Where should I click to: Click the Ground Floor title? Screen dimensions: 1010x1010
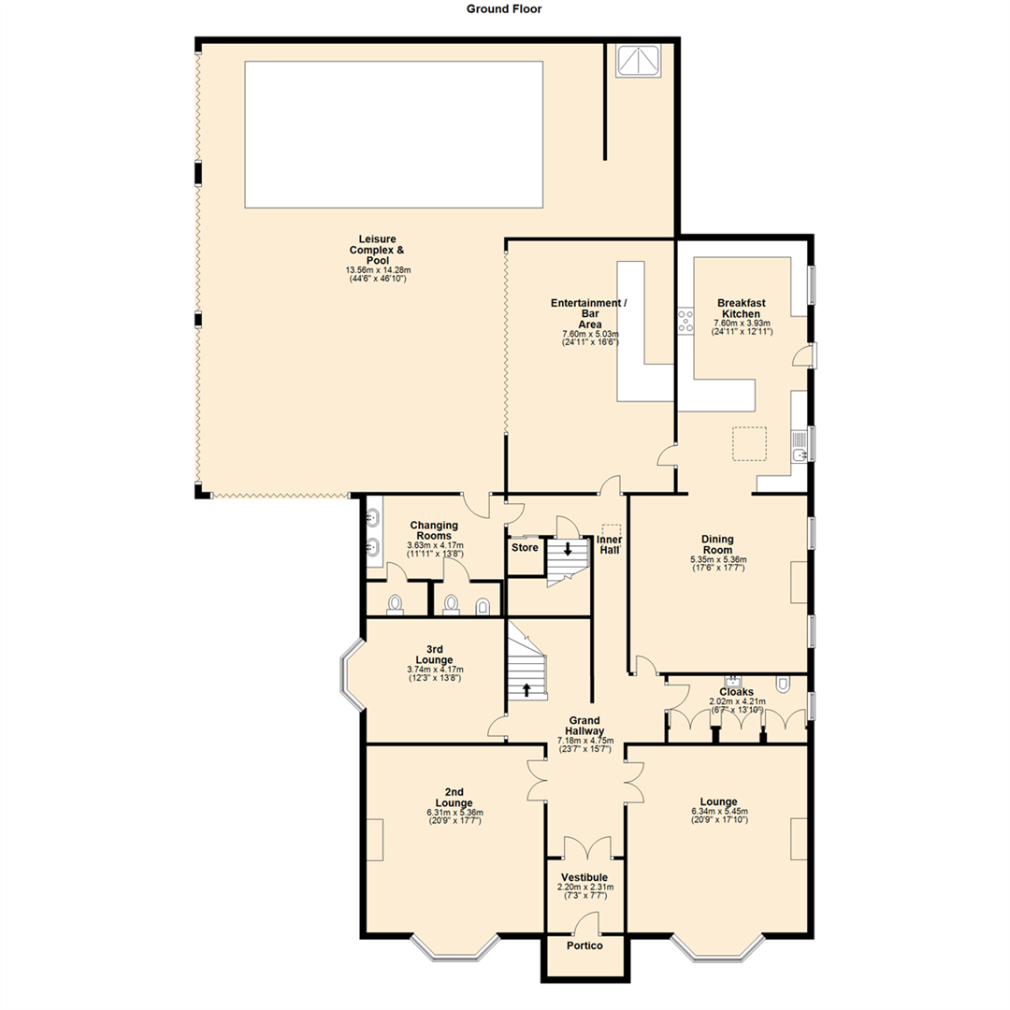tap(504, 8)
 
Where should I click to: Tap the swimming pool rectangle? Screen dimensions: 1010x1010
tap(394, 134)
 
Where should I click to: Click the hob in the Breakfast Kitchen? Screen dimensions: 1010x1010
tap(685, 321)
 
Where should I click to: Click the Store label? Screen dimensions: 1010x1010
tap(525, 547)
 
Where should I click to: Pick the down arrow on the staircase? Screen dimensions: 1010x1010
tap(568, 549)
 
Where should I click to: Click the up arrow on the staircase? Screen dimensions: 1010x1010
tap(527, 690)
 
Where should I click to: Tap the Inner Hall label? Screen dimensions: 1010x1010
tap(609, 545)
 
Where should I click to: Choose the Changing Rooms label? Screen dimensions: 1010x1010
tap(433, 530)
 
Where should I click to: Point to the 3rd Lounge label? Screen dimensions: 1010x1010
tap(435, 654)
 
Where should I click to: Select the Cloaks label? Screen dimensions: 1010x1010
tap(738, 693)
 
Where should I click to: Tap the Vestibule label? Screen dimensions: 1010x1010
tap(584, 877)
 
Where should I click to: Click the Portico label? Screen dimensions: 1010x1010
tap(584, 945)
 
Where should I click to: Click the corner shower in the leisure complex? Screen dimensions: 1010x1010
tap(638, 61)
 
